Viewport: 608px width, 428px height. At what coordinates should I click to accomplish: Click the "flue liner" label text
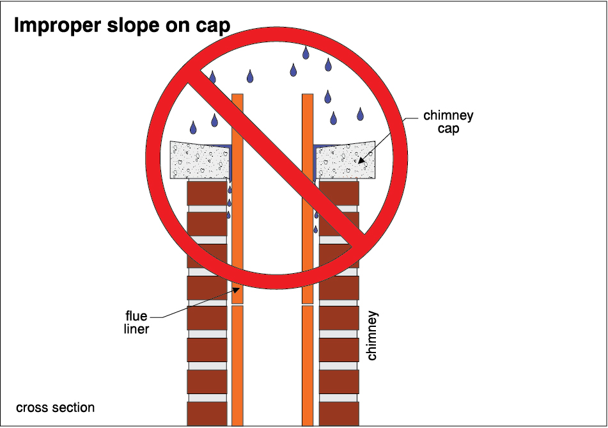pyautogui.click(x=137, y=323)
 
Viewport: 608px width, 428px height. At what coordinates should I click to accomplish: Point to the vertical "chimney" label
pyautogui.click(x=373, y=335)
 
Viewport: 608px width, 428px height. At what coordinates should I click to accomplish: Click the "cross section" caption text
pyautogui.click(x=55, y=408)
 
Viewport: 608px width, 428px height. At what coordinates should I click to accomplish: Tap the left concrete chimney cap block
pyautogui.click(x=198, y=160)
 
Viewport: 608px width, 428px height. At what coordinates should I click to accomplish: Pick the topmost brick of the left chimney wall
pyautogui.click(x=207, y=192)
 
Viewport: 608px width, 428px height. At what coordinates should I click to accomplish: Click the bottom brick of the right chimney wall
pyautogui.click(x=339, y=413)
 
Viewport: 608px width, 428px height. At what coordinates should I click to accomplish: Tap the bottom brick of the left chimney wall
pyautogui.click(x=207, y=413)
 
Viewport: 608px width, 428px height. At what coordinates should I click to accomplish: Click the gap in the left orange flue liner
pyautogui.click(x=237, y=305)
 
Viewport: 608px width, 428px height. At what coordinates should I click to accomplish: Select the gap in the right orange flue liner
pyautogui.click(x=308, y=305)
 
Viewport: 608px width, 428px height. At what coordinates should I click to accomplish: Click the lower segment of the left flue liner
pyautogui.click(x=237, y=365)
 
